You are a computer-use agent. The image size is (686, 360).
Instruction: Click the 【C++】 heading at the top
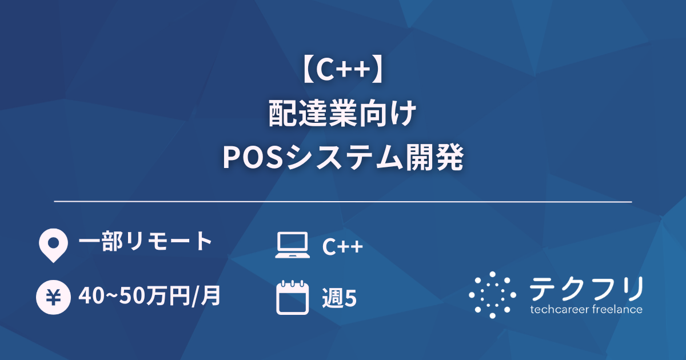click(x=342, y=72)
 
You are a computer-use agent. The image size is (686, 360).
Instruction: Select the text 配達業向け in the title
click(x=342, y=114)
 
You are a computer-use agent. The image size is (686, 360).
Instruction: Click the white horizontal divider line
click(x=343, y=202)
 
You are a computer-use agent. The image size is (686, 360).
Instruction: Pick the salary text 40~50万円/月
click(x=150, y=297)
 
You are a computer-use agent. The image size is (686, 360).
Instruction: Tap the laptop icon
click(x=292, y=246)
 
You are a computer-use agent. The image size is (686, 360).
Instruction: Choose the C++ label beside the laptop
click(x=342, y=247)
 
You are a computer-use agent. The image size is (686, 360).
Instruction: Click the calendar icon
click(x=292, y=297)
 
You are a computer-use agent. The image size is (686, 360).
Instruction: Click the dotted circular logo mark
click(x=492, y=294)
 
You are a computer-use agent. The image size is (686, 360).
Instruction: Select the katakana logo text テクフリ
click(x=586, y=289)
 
